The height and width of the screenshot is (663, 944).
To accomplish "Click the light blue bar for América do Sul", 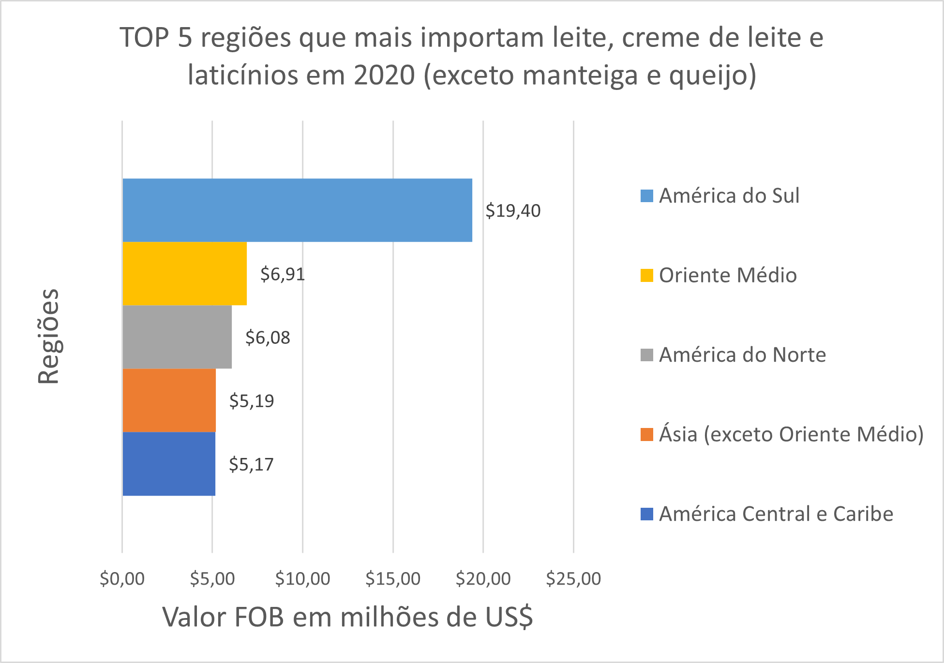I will click(x=297, y=210).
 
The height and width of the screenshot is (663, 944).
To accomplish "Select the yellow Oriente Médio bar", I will click(x=184, y=274).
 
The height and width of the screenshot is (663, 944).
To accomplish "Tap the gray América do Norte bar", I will click(x=177, y=337).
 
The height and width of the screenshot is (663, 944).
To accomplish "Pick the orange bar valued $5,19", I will click(x=169, y=400).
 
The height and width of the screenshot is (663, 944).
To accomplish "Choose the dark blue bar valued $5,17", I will click(x=169, y=464).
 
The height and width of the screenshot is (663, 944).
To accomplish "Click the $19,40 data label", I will click(x=513, y=211).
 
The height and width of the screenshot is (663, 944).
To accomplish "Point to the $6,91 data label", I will click(x=283, y=274).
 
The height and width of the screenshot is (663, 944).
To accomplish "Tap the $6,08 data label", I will click(x=268, y=338).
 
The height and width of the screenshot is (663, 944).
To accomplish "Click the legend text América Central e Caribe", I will click(x=776, y=514).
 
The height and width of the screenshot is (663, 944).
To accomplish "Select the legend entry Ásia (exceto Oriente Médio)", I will click(x=791, y=434).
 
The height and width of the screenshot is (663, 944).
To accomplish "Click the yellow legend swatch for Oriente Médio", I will click(x=646, y=275).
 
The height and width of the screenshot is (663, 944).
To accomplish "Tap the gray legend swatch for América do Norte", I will click(x=646, y=355).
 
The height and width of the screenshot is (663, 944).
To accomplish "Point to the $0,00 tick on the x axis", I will click(x=122, y=578).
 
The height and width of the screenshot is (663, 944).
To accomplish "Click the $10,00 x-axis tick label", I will click(x=302, y=578).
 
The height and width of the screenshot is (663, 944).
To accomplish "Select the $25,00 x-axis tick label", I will click(x=573, y=578).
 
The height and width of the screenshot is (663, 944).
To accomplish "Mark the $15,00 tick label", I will click(x=393, y=578).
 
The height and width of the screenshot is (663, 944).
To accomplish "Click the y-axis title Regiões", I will click(x=48, y=337).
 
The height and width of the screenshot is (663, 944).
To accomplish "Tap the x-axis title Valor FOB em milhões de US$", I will click(x=347, y=617).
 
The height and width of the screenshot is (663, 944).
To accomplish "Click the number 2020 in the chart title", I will click(x=384, y=75).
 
